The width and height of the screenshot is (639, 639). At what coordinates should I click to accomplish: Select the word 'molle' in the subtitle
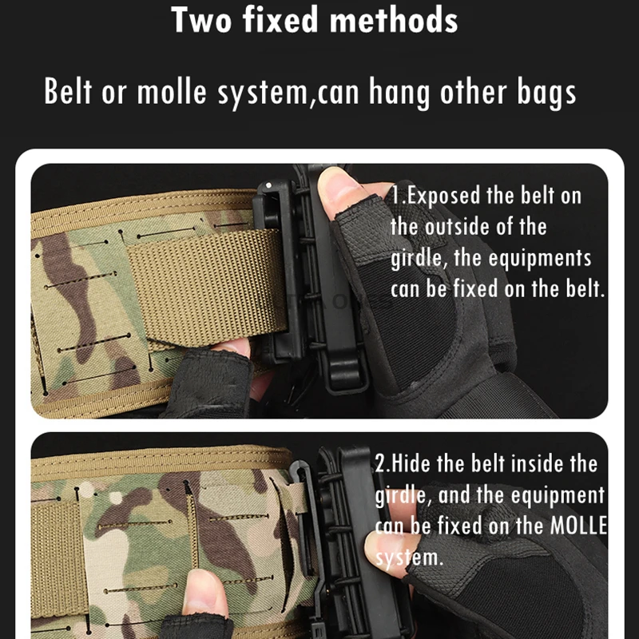(172, 91)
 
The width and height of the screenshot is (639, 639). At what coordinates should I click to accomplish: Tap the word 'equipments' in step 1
(540, 259)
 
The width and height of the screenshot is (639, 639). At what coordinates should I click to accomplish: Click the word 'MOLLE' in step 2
(578, 526)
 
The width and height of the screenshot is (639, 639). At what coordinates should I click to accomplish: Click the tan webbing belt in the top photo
(206, 285)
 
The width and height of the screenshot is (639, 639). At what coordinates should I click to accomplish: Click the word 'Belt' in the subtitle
(68, 91)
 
